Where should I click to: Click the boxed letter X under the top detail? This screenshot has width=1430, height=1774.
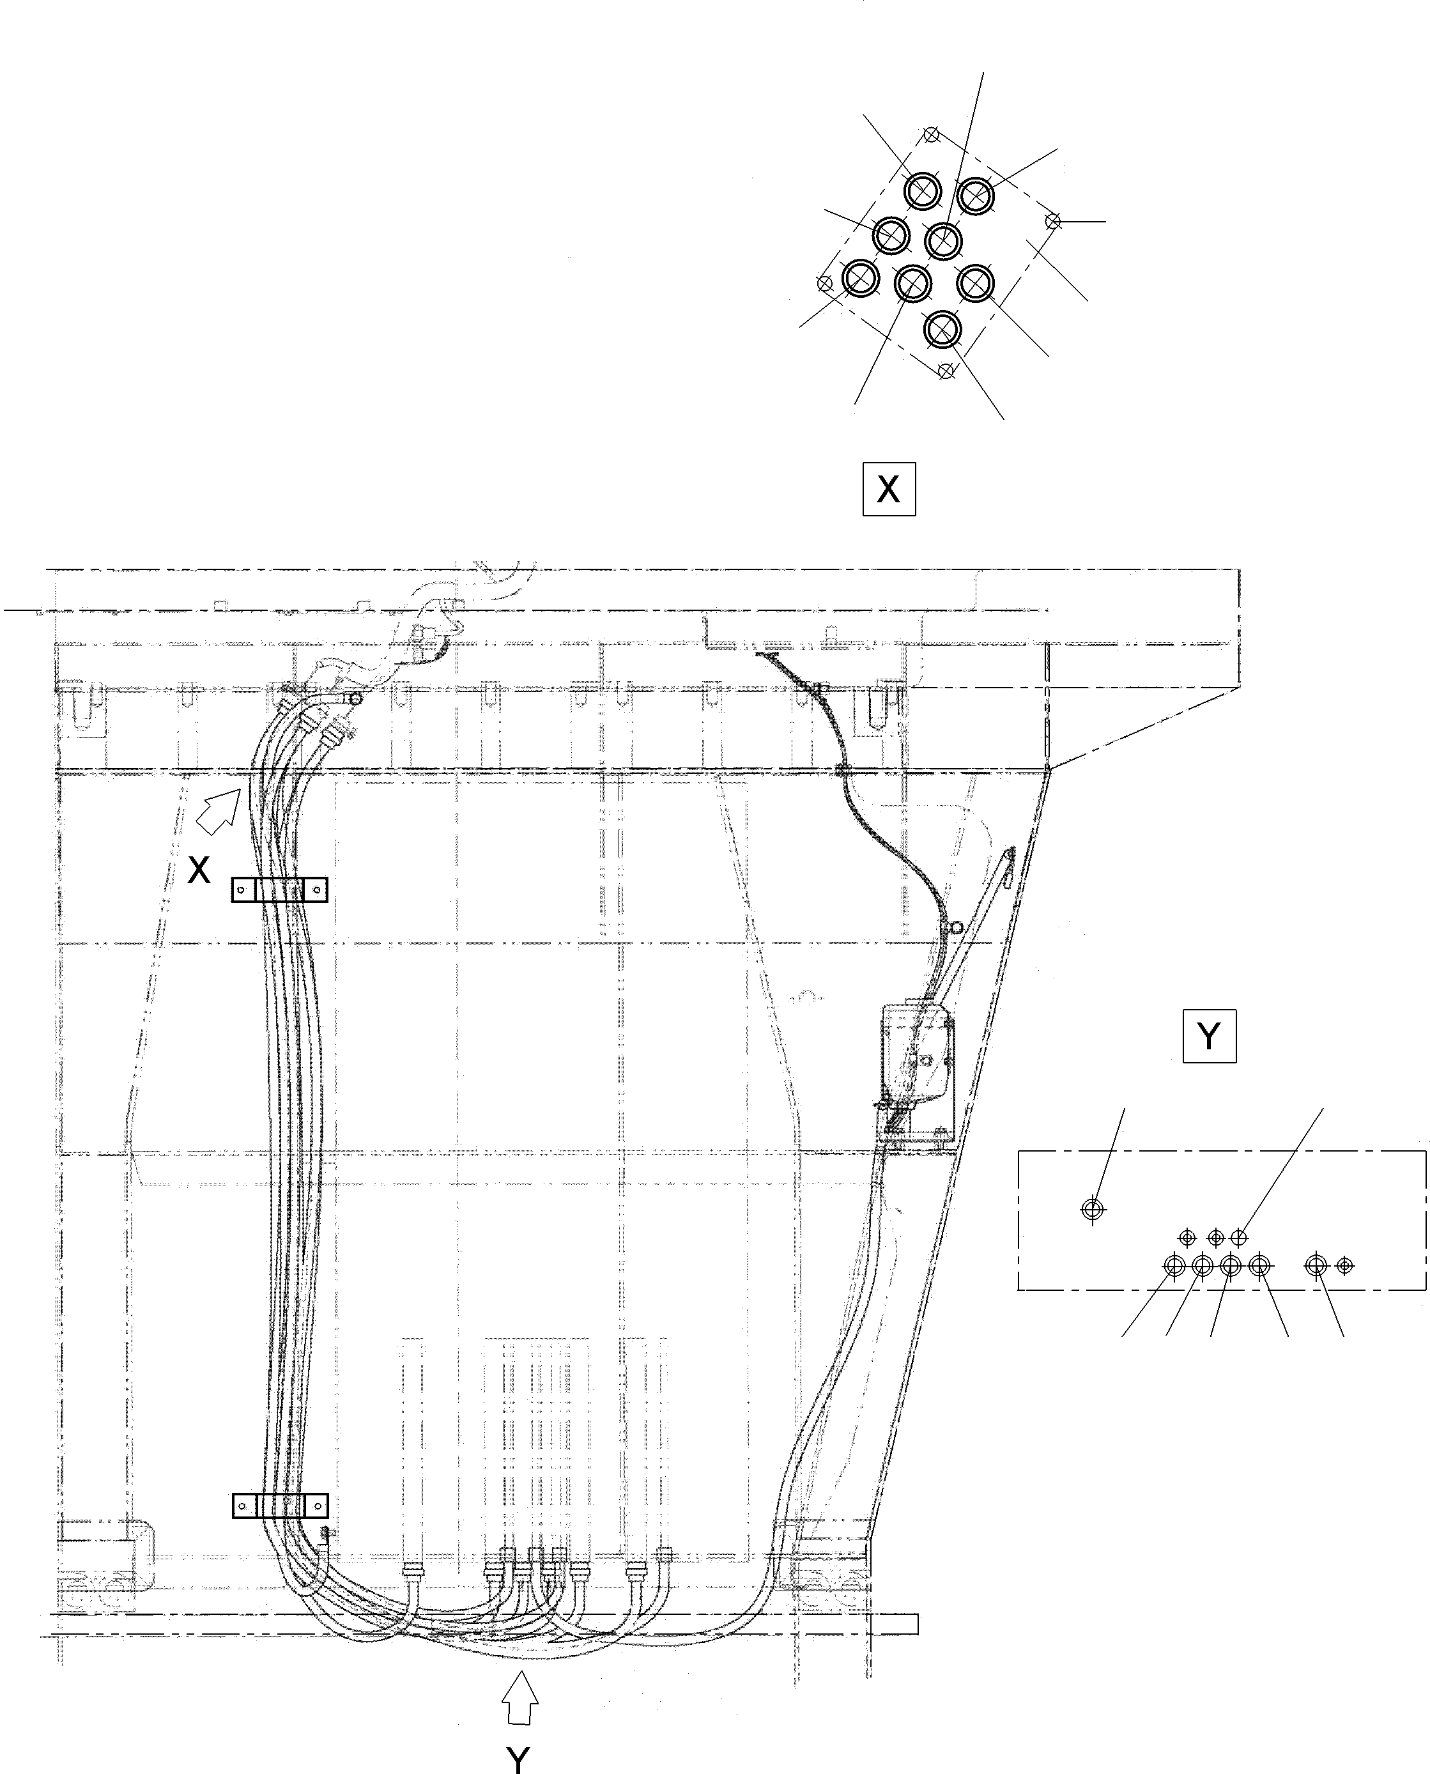tap(888, 490)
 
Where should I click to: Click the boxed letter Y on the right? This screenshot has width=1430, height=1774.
tap(1208, 1036)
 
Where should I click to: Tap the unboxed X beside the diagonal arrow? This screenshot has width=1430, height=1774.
tap(199, 869)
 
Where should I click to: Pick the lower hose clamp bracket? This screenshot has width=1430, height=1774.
tap(279, 1506)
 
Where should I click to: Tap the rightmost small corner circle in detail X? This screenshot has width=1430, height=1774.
tap(1052, 221)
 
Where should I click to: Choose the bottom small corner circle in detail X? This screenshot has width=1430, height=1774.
tap(946, 372)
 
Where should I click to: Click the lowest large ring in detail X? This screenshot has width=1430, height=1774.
tap(942, 330)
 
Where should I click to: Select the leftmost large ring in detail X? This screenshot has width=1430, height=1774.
tap(860, 279)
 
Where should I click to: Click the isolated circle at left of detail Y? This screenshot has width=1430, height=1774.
tap(1092, 1208)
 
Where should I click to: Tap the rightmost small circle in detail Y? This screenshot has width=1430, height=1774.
tap(1344, 1265)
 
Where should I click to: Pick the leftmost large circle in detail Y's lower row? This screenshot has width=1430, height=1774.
tap(1174, 1265)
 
